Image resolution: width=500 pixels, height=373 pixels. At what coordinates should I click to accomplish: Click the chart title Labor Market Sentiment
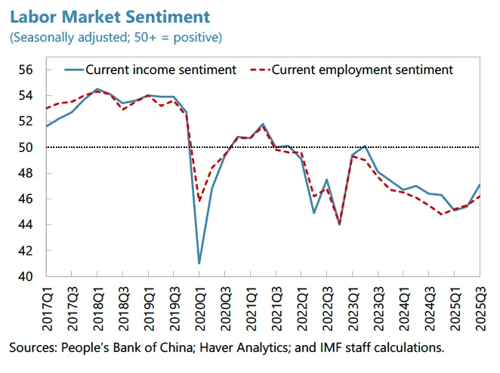110,16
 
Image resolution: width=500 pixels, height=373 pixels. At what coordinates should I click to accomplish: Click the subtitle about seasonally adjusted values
116,36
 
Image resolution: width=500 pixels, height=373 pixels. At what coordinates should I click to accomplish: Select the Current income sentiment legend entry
161,69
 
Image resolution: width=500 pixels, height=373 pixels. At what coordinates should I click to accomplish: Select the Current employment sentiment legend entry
362,69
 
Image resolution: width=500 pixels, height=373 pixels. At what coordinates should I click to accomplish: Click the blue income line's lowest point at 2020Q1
199,264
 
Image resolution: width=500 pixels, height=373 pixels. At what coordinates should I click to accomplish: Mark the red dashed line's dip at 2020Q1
199,201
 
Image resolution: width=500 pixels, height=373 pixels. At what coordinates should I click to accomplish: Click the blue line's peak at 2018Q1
97,89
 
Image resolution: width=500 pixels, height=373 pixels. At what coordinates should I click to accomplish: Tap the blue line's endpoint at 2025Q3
481,185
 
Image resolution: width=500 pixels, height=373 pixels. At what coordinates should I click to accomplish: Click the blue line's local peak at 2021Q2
262,124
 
